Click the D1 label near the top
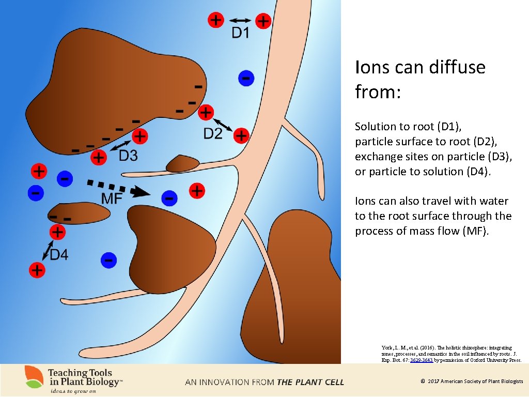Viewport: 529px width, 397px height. pos(240,33)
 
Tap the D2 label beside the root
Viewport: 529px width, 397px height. pos(213,134)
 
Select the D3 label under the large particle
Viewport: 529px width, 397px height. pos(128,155)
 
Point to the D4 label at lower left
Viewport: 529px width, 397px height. pos(58,254)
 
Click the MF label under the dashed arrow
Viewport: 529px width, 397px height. pos(112,198)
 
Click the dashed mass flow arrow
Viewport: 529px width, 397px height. pos(118,187)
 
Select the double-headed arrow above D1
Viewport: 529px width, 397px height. pos(240,21)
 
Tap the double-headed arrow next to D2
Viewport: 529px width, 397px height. pos(223,124)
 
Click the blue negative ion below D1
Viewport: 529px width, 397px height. pos(246,78)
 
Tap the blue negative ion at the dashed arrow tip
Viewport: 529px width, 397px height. pos(168,197)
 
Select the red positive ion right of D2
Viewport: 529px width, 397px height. pos(241,136)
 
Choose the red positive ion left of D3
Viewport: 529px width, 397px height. pos(98,157)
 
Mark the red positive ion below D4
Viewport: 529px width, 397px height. pos(37,269)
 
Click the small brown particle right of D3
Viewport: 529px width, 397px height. pos(182,164)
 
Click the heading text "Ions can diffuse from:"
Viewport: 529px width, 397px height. pos(420,79)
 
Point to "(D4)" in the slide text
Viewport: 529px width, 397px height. pos(475,171)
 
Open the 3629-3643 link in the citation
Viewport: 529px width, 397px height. pos(421,360)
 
